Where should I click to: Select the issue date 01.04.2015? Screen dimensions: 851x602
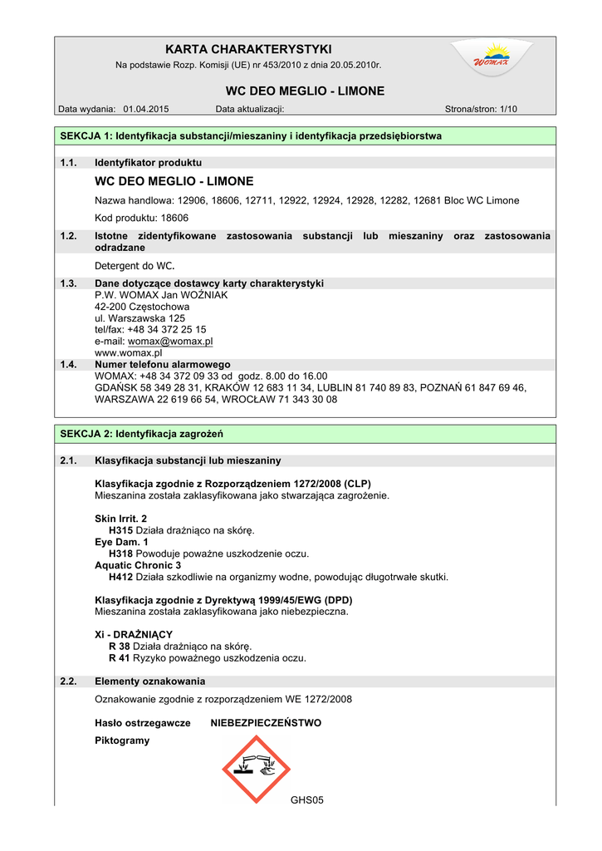[146, 109]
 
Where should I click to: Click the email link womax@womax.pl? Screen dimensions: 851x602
[170, 341]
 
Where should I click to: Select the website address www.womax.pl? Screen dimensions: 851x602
[128, 352]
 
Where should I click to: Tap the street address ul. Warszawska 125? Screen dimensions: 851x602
[140, 317]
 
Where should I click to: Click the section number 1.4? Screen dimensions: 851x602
[69, 364]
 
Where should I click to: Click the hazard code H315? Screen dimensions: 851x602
[121, 530]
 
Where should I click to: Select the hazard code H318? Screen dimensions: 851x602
[121, 553]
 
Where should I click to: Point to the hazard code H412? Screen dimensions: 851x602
[121, 577]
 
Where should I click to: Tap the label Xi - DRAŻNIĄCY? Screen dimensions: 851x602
[134, 635]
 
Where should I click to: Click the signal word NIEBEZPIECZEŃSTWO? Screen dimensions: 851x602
[266, 723]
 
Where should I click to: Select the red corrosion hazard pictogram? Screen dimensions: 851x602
[256, 770]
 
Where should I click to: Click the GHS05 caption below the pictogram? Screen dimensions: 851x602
[306, 800]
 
